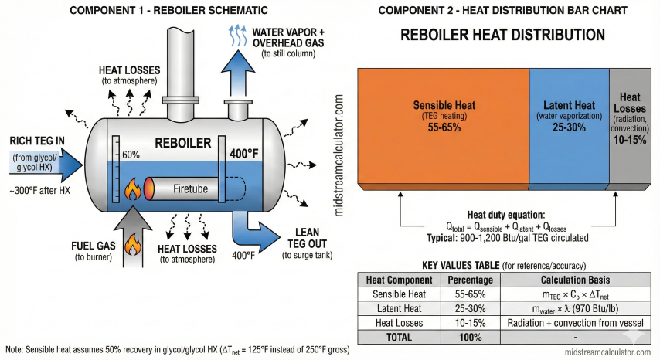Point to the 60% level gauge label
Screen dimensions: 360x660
tap(131, 155)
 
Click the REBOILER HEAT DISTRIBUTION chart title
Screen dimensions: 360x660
tap(502, 36)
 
